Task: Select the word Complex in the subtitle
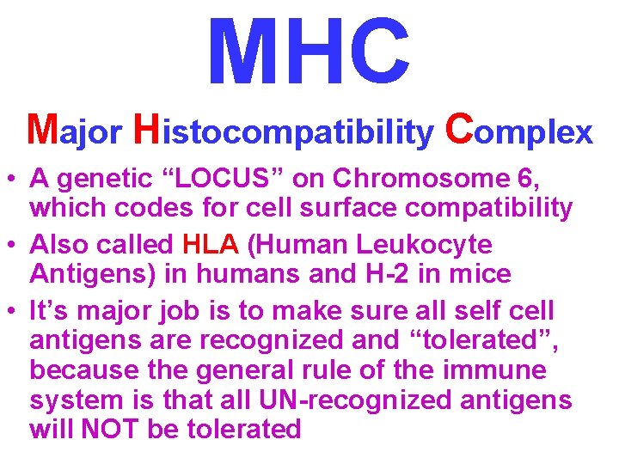pos(519,131)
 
